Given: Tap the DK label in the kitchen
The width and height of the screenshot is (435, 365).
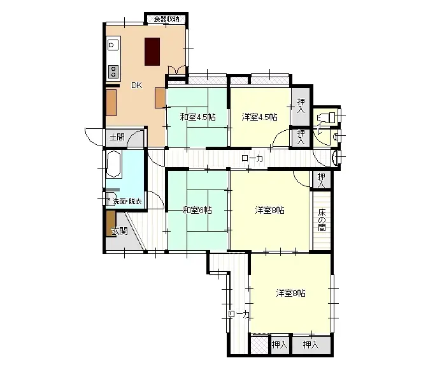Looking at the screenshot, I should [x=137, y=86].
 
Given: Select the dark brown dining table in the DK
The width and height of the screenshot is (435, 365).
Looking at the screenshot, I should [x=152, y=51].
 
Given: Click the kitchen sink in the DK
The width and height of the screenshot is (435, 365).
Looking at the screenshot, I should [x=113, y=45].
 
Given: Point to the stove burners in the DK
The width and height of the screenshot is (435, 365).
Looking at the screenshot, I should [x=113, y=70].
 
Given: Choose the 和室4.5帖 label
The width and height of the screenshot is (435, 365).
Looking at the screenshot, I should [x=197, y=117].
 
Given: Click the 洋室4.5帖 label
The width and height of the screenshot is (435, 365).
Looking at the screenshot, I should [x=259, y=117].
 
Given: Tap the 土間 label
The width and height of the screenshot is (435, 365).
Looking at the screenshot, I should [x=117, y=137].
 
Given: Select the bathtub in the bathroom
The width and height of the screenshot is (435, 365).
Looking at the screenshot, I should [x=115, y=165].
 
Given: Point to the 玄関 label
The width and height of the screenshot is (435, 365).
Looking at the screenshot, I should [x=119, y=231].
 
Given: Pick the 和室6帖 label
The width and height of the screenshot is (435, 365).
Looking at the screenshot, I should [x=197, y=210].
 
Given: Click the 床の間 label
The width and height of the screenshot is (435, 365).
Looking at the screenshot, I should [x=322, y=220].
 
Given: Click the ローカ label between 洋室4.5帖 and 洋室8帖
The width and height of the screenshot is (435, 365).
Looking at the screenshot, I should [x=252, y=159].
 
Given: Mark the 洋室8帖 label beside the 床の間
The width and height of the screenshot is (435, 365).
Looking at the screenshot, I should [x=269, y=210].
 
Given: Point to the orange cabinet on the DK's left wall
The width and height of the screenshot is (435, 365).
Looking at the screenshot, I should [x=111, y=102].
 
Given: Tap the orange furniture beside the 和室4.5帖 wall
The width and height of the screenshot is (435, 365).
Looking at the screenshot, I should [x=160, y=97].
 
